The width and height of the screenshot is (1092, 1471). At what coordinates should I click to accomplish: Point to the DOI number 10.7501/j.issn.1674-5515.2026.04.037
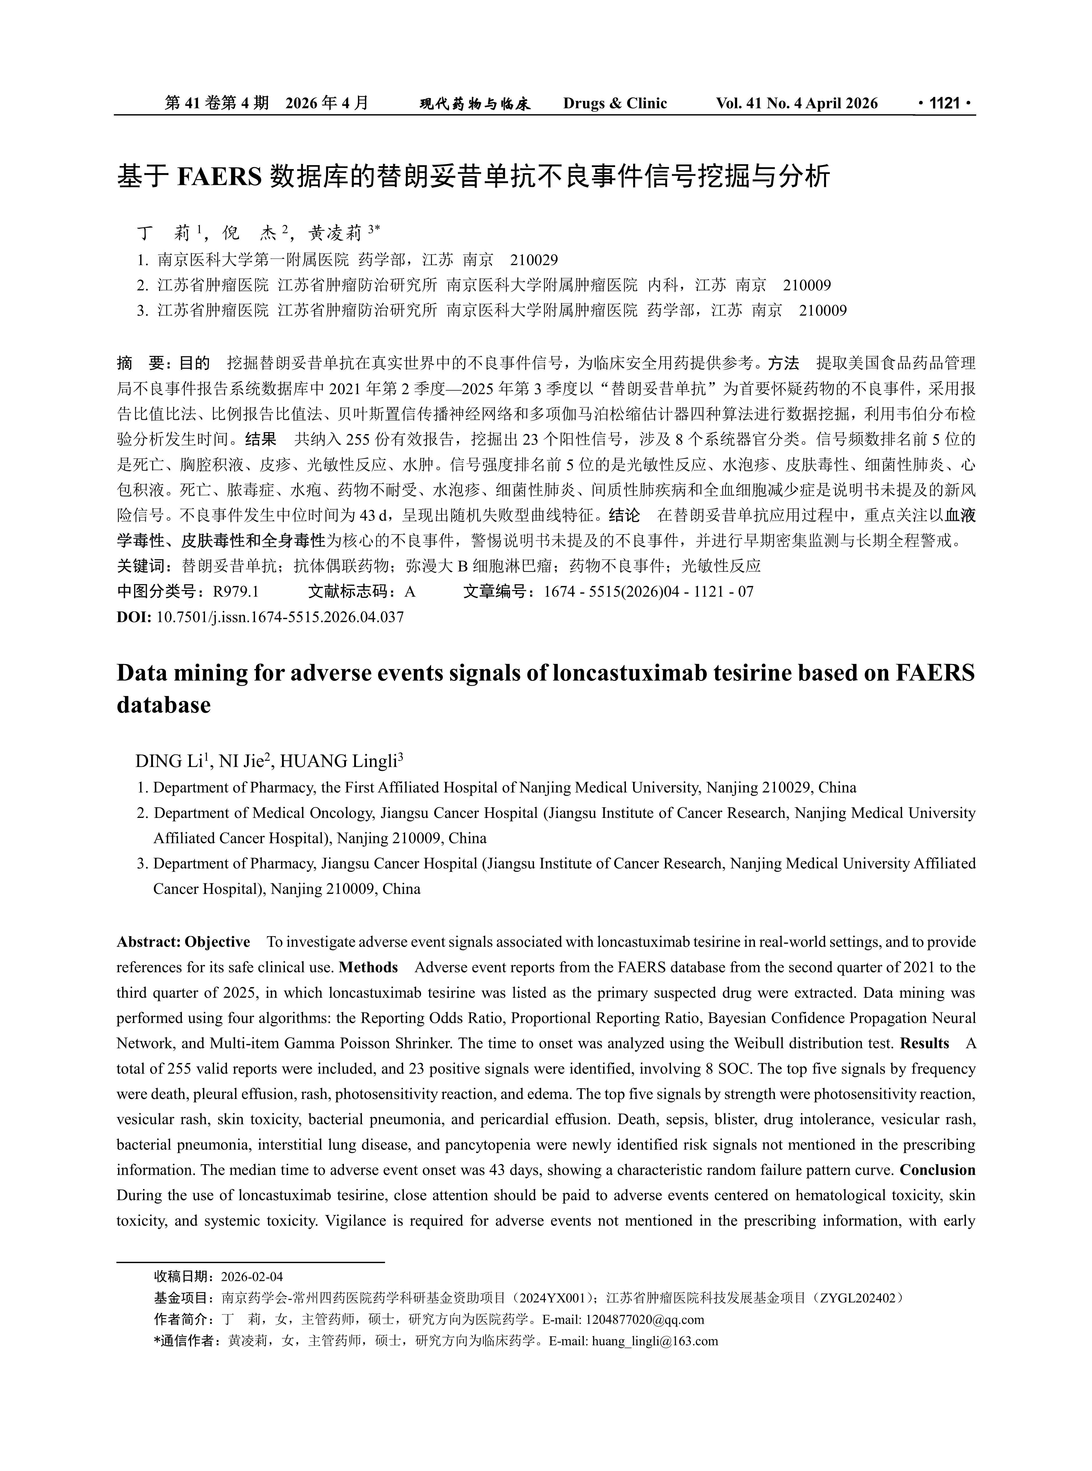[280, 617]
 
